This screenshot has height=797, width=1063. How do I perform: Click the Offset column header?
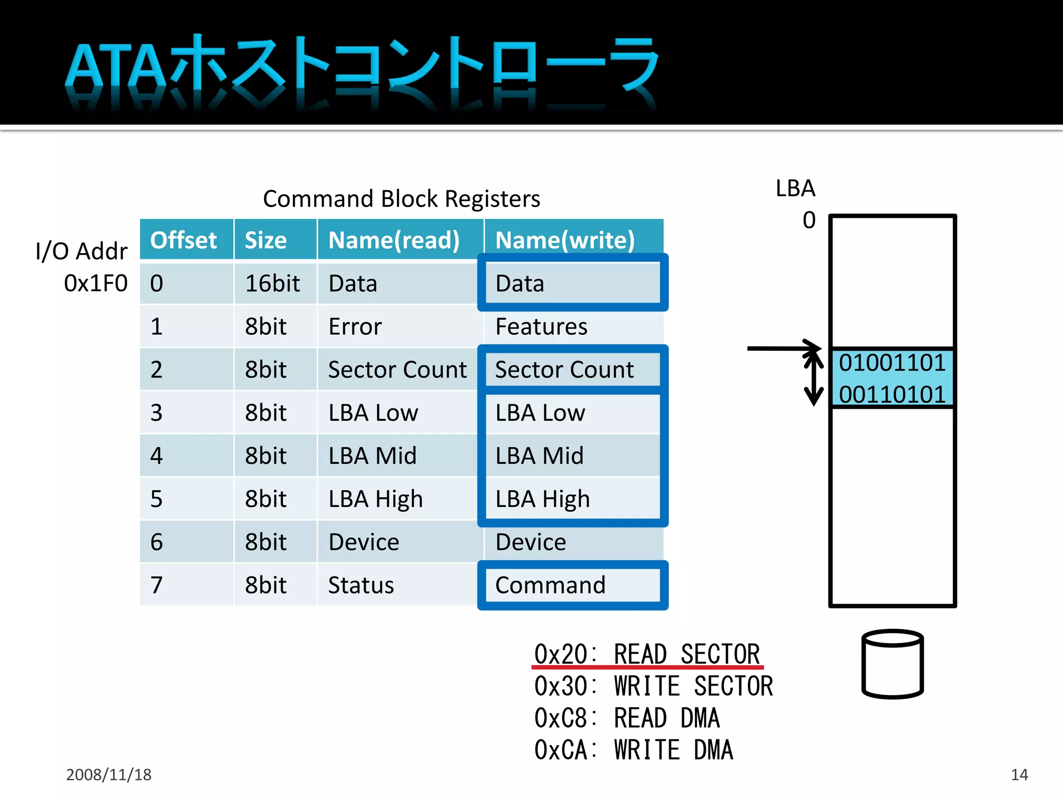pyautogui.click(x=183, y=240)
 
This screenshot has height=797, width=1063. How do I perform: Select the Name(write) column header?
pyautogui.click(x=565, y=240)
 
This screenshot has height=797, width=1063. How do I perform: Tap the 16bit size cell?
pyautogui.click(x=272, y=284)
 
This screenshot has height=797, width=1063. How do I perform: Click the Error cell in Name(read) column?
pyautogui.click(x=355, y=327)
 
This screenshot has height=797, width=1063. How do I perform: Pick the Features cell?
pyautogui.click(x=541, y=327)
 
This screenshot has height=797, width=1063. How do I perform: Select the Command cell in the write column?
pyautogui.click(x=550, y=585)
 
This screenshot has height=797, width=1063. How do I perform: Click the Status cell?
pyautogui.click(x=361, y=585)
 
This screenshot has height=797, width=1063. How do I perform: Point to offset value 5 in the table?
pyautogui.click(x=156, y=499)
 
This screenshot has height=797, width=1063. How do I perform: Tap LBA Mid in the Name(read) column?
pyautogui.click(x=373, y=456)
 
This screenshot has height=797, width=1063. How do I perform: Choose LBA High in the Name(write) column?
pyautogui.click(x=542, y=499)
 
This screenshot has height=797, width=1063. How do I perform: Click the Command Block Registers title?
pyautogui.click(x=401, y=199)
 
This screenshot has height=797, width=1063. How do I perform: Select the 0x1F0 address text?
pyautogui.click(x=96, y=284)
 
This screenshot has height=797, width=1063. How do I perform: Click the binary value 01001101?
pyautogui.click(x=892, y=363)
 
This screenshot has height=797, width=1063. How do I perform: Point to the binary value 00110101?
pyautogui.click(x=892, y=394)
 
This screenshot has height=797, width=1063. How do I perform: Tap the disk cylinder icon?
pyautogui.click(x=892, y=664)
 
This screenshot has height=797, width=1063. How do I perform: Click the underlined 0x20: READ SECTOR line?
pyautogui.click(x=647, y=654)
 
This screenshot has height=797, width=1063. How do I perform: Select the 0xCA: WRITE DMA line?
pyautogui.click(x=633, y=750)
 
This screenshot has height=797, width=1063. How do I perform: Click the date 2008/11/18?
pyautogui.click(x=108, y=775)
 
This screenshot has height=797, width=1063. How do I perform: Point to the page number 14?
pyautogui.click(x=1019, y=775)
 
